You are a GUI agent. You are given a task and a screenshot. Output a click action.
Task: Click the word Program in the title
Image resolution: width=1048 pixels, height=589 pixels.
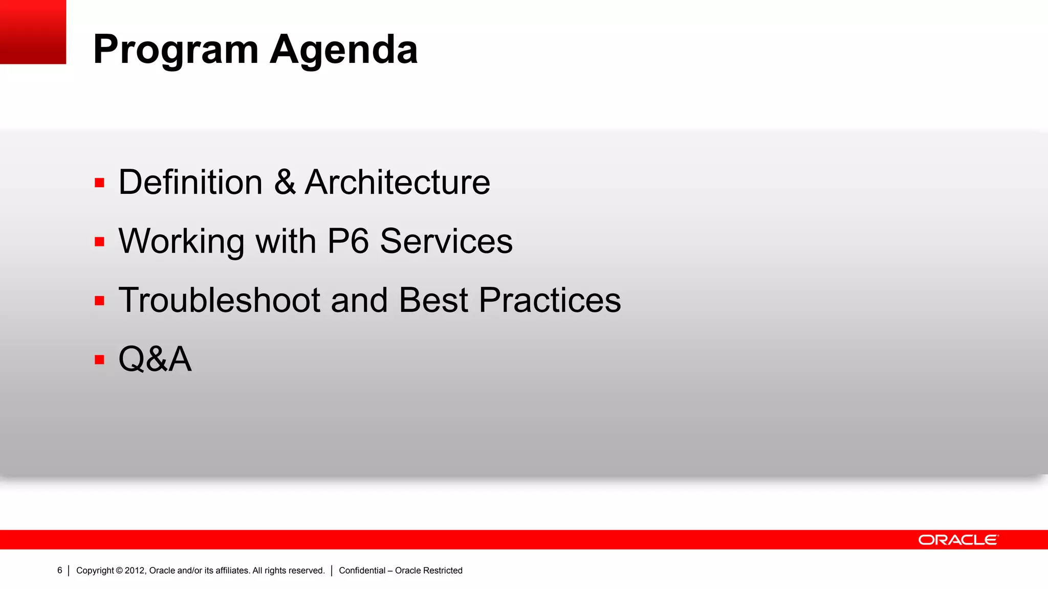tap(176, 50)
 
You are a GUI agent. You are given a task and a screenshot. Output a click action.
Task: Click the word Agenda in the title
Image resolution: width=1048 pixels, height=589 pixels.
tap(344, 50)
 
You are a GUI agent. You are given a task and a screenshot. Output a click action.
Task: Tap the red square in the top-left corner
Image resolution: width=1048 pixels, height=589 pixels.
tap(33, 32)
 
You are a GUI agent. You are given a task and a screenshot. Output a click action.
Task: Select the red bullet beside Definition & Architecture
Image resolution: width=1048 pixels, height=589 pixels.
tap(99, 183)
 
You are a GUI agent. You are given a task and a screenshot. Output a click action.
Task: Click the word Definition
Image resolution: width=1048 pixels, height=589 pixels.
tap(190, 182)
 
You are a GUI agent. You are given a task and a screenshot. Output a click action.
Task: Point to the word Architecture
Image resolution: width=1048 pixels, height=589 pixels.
tap(398, 182)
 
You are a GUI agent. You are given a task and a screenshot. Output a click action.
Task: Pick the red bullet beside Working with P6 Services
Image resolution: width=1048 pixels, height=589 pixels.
tap(99, 242)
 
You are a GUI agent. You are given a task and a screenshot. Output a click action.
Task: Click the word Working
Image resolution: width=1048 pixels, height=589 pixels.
tap(181, 241)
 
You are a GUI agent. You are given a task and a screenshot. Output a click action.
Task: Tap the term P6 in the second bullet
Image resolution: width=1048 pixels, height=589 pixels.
tap(348, 241)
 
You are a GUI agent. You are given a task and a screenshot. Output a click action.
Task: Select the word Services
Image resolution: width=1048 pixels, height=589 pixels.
tap(446, 241)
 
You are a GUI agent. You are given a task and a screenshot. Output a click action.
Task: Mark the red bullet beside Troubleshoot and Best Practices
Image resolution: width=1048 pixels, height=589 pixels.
tap(99, 301)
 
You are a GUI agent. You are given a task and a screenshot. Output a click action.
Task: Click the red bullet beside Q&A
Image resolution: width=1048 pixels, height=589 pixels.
tap(99, 360)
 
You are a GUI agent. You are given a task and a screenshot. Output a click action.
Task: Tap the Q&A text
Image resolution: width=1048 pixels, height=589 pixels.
tap(155, 359)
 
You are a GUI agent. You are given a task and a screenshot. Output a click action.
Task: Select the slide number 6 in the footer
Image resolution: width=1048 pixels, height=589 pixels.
tap(59, 570)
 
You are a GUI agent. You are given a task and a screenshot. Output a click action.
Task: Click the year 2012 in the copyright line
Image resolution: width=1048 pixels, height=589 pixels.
tap(135, 571)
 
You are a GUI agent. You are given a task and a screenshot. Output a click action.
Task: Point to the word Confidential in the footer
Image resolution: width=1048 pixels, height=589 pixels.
tap(362, 571)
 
